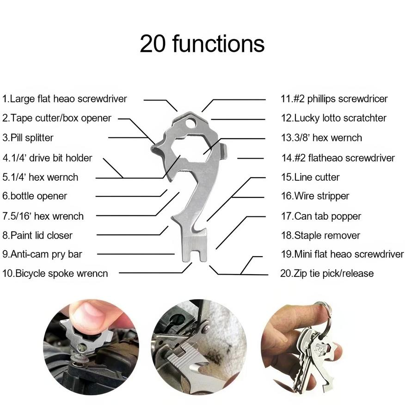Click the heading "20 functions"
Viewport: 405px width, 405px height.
[202, 44]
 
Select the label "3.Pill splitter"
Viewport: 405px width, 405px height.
[28, 138]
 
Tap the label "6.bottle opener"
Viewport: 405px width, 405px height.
[35, 196]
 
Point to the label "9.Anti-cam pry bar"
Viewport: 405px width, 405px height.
[42, 254]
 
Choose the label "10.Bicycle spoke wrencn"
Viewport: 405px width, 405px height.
[55, 274]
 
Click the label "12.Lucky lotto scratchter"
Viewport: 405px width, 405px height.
[334, 118]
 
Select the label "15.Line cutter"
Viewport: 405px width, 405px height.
[310, 177]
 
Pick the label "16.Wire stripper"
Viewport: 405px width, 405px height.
[315, 196]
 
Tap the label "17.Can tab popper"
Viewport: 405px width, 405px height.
[321, 216]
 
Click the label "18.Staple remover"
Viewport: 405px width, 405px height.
[320, 236]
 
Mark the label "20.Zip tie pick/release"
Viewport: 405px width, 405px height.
[327, 274]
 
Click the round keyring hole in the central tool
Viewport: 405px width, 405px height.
[190, 123]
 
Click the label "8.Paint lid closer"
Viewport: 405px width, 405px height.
[37, 236]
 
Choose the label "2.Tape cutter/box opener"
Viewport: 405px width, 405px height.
[57, 118]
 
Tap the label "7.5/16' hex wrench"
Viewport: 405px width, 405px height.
[43, 216]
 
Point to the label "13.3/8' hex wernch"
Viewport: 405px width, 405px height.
[322, 138]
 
